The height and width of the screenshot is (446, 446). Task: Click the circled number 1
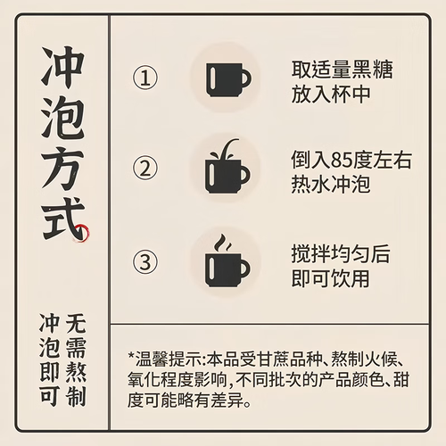(145, 78)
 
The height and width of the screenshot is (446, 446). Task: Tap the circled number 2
(145, 169)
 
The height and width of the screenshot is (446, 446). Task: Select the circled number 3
(145, 261)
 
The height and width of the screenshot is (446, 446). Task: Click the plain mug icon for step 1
(228, 79)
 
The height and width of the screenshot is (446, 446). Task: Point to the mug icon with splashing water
(227, 167)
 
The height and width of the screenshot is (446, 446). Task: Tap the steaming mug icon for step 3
(227, 261)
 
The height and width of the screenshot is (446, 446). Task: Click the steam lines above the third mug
(223, 243)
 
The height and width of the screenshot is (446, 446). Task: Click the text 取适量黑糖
(342, 70)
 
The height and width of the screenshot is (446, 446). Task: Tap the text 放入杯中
(331, 95)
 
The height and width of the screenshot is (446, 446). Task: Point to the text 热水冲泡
(331, 185)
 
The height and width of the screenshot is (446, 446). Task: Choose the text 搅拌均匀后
(341, 254)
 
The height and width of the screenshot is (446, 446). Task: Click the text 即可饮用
(330, 278)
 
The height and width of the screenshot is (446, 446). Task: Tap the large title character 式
(63, 219)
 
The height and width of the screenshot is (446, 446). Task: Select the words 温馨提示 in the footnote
(169, 359)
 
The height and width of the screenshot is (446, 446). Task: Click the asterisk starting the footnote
(131, 356)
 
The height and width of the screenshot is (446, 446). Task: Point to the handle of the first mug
(245, 79)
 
